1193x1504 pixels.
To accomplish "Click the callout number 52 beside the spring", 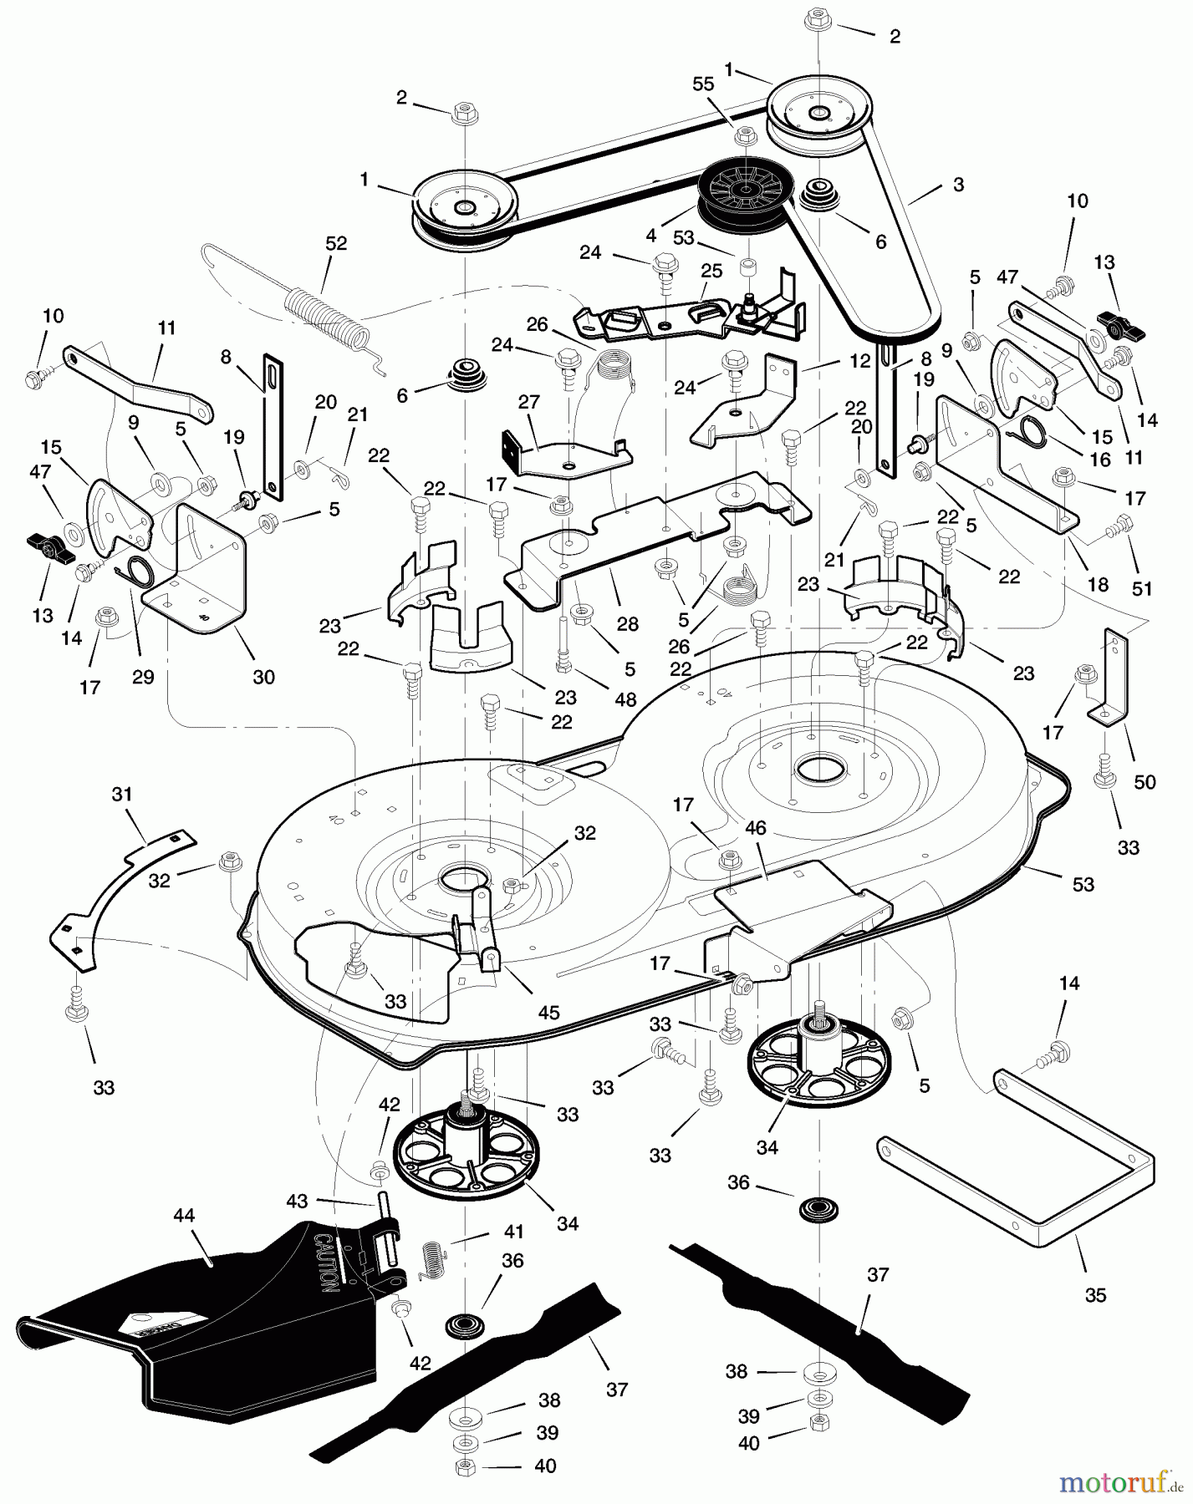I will tap(336, 244).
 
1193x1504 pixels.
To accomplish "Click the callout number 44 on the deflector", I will tap(184, 1216).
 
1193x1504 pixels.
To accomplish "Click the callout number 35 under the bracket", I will tap(1094, 1294).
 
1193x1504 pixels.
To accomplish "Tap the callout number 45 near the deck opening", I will tap(548, 1012).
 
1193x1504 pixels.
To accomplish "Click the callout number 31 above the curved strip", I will tap(122, 795).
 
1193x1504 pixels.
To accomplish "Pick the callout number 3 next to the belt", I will tap(958, 185).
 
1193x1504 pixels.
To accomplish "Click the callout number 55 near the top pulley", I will tap(704, 84).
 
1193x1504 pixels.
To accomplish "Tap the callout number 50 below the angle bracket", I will tap(1144, 782).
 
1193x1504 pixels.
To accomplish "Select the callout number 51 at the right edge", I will tap(1141, 588).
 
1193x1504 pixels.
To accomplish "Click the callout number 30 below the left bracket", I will tap(263, 677).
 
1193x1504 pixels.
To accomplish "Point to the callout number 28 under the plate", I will tap(627, 624).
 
